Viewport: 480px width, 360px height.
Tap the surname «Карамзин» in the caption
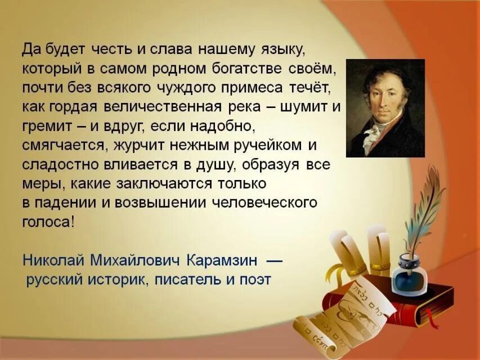[222, 260]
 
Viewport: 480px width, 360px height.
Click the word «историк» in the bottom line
[119, 279]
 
